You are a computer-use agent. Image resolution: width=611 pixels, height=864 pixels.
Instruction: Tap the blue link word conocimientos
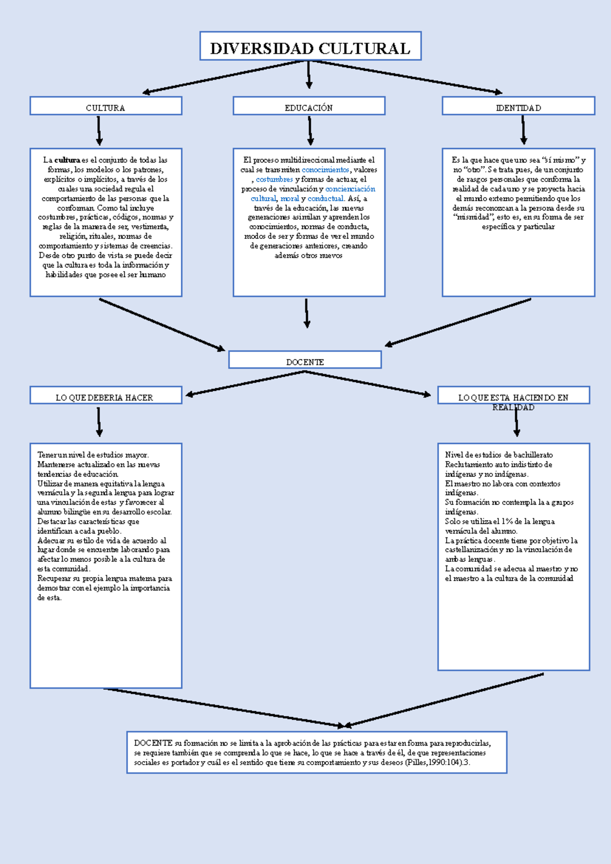click(x=325, y=170)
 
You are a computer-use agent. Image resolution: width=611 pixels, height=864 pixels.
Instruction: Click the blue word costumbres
click(x=274, y=179)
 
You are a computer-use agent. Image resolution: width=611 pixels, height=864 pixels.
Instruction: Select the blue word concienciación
click(x=350, y=189)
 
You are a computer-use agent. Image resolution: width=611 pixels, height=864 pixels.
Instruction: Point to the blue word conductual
click(x=326, y=199)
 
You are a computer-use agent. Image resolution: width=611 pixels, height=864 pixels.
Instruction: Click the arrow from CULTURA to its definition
click(x=99, y=131)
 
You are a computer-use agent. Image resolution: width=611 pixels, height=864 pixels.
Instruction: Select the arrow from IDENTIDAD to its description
click(x=523, y=130)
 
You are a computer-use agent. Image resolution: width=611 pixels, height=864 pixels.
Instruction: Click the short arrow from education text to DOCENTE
click(x=307, y=313)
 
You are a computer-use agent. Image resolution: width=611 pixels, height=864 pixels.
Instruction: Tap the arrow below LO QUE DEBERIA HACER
click(x=99, y=422)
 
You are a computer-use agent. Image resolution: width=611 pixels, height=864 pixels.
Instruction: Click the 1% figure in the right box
click(x=507, y=522)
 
